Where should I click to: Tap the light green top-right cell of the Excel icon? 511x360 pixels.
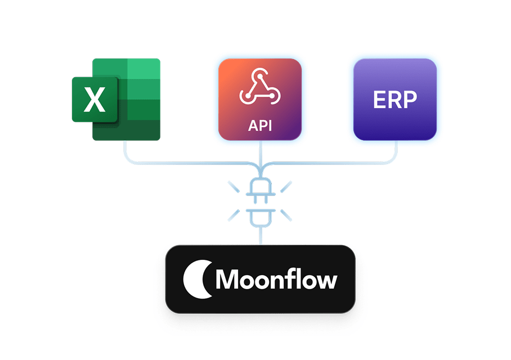tap(144, 71)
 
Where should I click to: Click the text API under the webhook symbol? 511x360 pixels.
tap(259, 124)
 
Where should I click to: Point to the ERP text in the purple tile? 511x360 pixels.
tap(395, 100)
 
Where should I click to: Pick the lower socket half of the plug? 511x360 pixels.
tap(260, 216)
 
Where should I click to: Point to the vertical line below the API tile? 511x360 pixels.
tap(260, 155)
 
